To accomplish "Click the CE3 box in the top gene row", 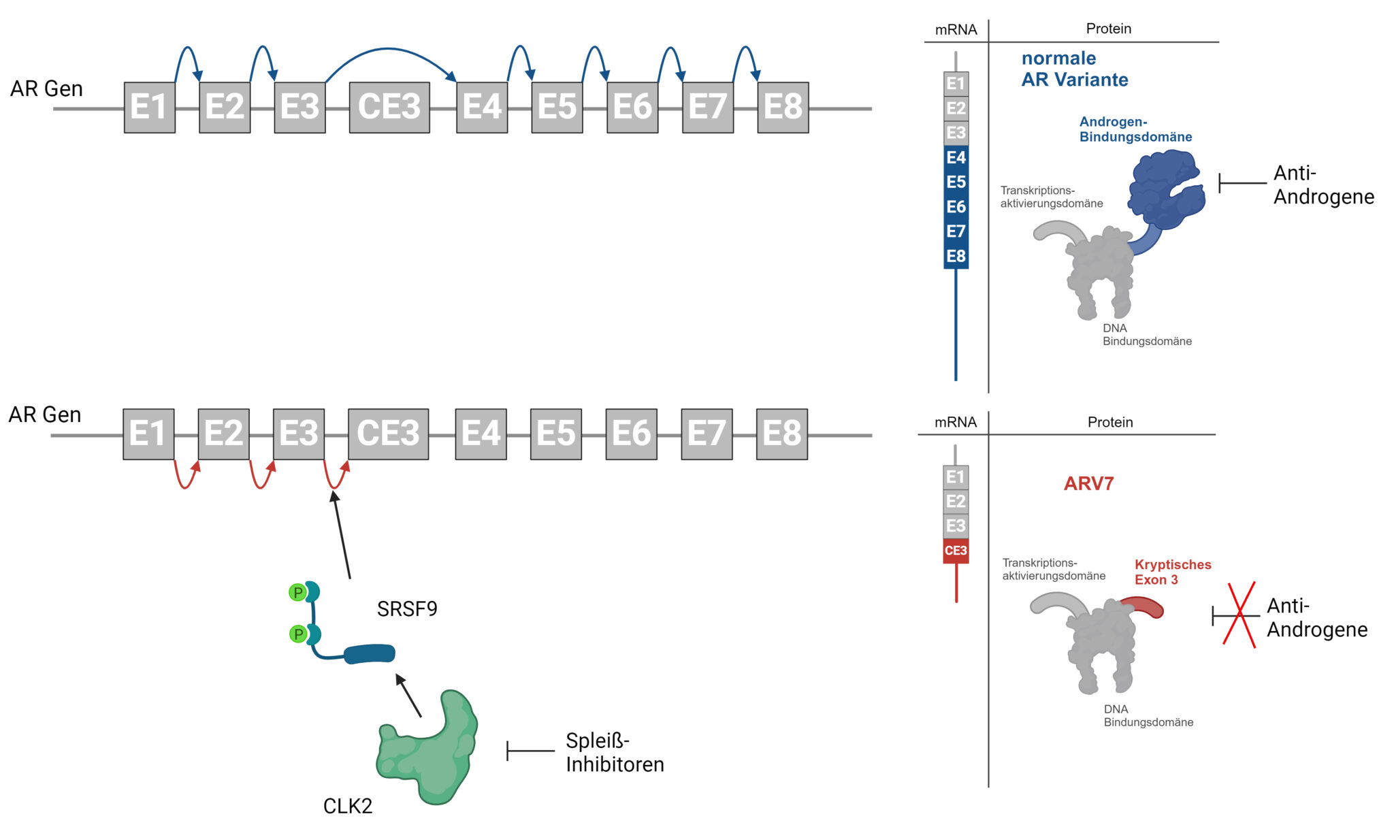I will pyautogui.click(x=389, y=108).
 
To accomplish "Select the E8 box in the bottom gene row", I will pyautogui.click(x=782, y=434).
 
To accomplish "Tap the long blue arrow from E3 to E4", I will pyautogui.click(x=389, y=50).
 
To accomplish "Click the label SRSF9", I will pyautogui.click(x=407, y=608).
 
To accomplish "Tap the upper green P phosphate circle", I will pyautogui.click(x=297, y=592).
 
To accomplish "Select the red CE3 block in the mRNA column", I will pyautogui.click(x=956, y=551).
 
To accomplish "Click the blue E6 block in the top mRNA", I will pyautogui.click(x=956, y=207).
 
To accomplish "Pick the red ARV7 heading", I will pyautogui.click(x=1088, y=484).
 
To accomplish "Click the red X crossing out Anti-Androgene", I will pyautogui.click(x=1239, y=615).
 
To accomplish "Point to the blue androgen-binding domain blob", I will pyautogui.click(x=1165, y=191).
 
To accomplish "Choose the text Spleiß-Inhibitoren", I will pyautogui.click(x=614, y=752).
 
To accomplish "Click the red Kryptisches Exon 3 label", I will pyautogui.click(x=1172, y=572).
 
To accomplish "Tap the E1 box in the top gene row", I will pyautogui.click(x=150, y=108).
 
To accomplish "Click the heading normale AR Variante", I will pyautogui.click(x=1074, y=69).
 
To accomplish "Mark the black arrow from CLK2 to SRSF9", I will pyautogui.click(x=409, y=696).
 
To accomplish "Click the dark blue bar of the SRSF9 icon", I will pyautogui.click(x=370, y=655).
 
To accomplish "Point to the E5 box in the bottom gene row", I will pyautogui.click(x=556, y=434).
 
